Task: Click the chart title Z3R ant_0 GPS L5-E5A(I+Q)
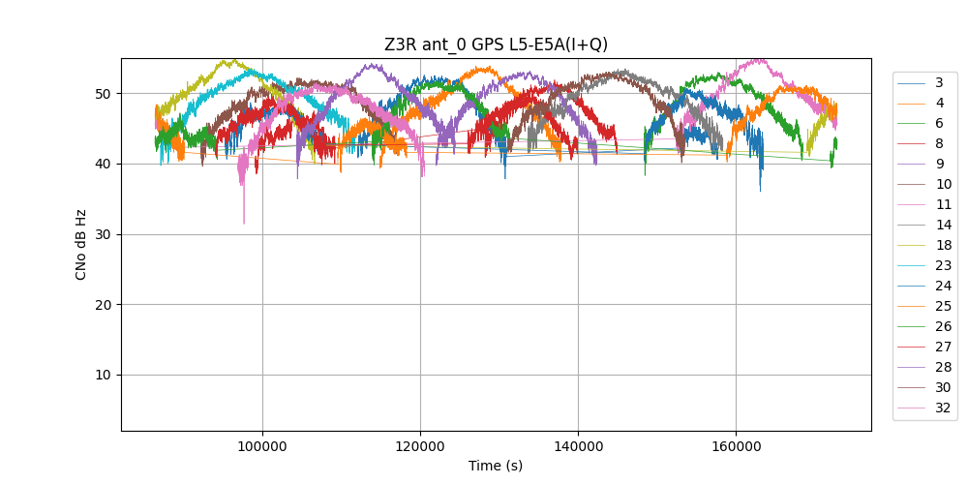tap(496, 45)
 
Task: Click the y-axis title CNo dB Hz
tap(81, 245)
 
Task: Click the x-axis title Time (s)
tap(496, 466)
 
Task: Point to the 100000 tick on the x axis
tap(261, 446)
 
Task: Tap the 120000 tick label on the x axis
tap(420, 446)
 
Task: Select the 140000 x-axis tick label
tap(578, 446)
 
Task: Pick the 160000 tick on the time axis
tap(736, 446)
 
